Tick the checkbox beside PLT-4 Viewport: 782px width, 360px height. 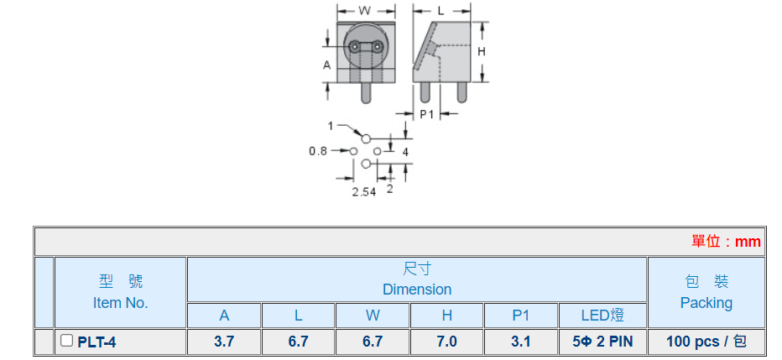67,341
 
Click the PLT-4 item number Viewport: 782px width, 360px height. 97,342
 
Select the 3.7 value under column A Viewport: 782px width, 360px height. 224,342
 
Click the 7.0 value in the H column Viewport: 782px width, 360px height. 447,342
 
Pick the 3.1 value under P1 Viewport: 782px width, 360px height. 521,342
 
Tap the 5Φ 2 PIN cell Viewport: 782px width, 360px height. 602,342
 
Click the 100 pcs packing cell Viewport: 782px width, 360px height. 706,342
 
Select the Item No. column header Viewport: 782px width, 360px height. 120,303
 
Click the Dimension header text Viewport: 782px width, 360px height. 417,290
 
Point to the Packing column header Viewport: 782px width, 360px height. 706,302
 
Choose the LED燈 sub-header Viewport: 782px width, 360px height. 602,316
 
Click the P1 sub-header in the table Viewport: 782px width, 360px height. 521,316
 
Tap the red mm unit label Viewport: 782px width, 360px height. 747,242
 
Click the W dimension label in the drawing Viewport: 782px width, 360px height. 365,11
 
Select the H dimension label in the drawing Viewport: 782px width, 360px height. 482,52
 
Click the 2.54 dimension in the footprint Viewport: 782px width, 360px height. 363,192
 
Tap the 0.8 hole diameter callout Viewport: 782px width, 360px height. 318,151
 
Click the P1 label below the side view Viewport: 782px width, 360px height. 427,113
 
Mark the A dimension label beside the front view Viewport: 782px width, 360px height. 327,64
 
